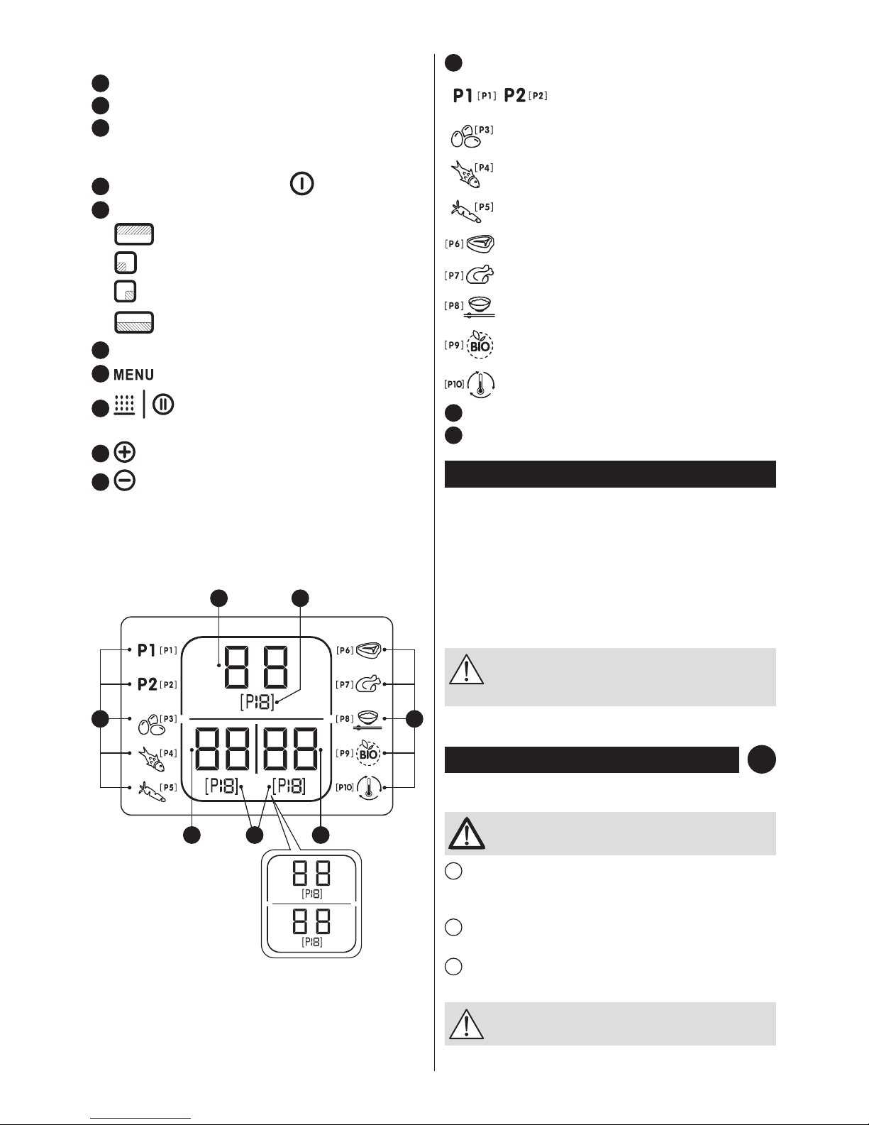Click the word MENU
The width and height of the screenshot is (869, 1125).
coord(133,375)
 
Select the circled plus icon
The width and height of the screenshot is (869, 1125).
coord(125,453)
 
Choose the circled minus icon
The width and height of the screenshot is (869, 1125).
coord(125,481)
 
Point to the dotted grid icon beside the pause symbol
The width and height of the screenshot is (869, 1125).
coord(124,405)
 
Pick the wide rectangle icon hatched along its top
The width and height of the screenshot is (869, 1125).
coord(134,234)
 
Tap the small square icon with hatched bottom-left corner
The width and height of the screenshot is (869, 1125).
coord(125,263)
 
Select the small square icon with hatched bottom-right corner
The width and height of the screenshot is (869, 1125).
coord(125,291)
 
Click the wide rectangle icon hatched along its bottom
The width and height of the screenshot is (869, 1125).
coord(134,322)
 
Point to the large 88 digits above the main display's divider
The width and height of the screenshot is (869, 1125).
coord(256,667)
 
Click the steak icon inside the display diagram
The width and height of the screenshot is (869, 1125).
coord(368,649)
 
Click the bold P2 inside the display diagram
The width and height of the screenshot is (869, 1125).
coord(147,684)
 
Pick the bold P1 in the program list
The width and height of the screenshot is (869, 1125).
coord(463,95)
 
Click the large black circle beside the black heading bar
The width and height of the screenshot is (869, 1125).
coord(761,759)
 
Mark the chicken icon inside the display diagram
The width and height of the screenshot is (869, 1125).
coord(368,684)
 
